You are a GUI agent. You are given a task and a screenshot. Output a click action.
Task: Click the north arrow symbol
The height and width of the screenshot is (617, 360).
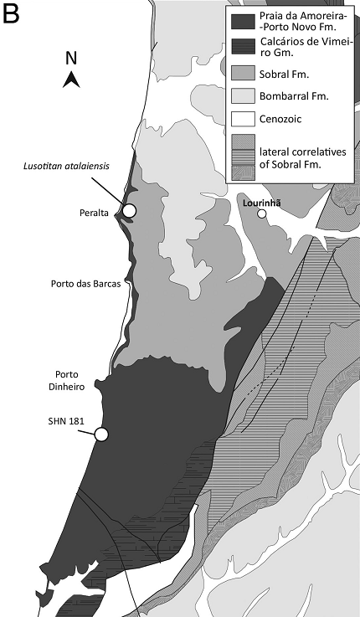72,80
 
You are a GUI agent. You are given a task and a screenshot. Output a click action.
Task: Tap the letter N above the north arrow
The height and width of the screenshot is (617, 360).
72,59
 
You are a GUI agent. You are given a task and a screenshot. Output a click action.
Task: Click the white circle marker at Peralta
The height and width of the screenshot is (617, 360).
131,210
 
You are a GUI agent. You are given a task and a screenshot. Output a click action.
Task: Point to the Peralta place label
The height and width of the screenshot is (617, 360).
87,213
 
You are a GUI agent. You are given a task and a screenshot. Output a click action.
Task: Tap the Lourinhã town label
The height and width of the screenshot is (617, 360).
263,202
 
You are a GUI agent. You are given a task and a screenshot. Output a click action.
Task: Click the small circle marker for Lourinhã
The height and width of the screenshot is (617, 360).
262,214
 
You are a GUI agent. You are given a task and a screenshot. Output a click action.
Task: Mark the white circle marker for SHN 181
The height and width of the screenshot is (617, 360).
102,434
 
